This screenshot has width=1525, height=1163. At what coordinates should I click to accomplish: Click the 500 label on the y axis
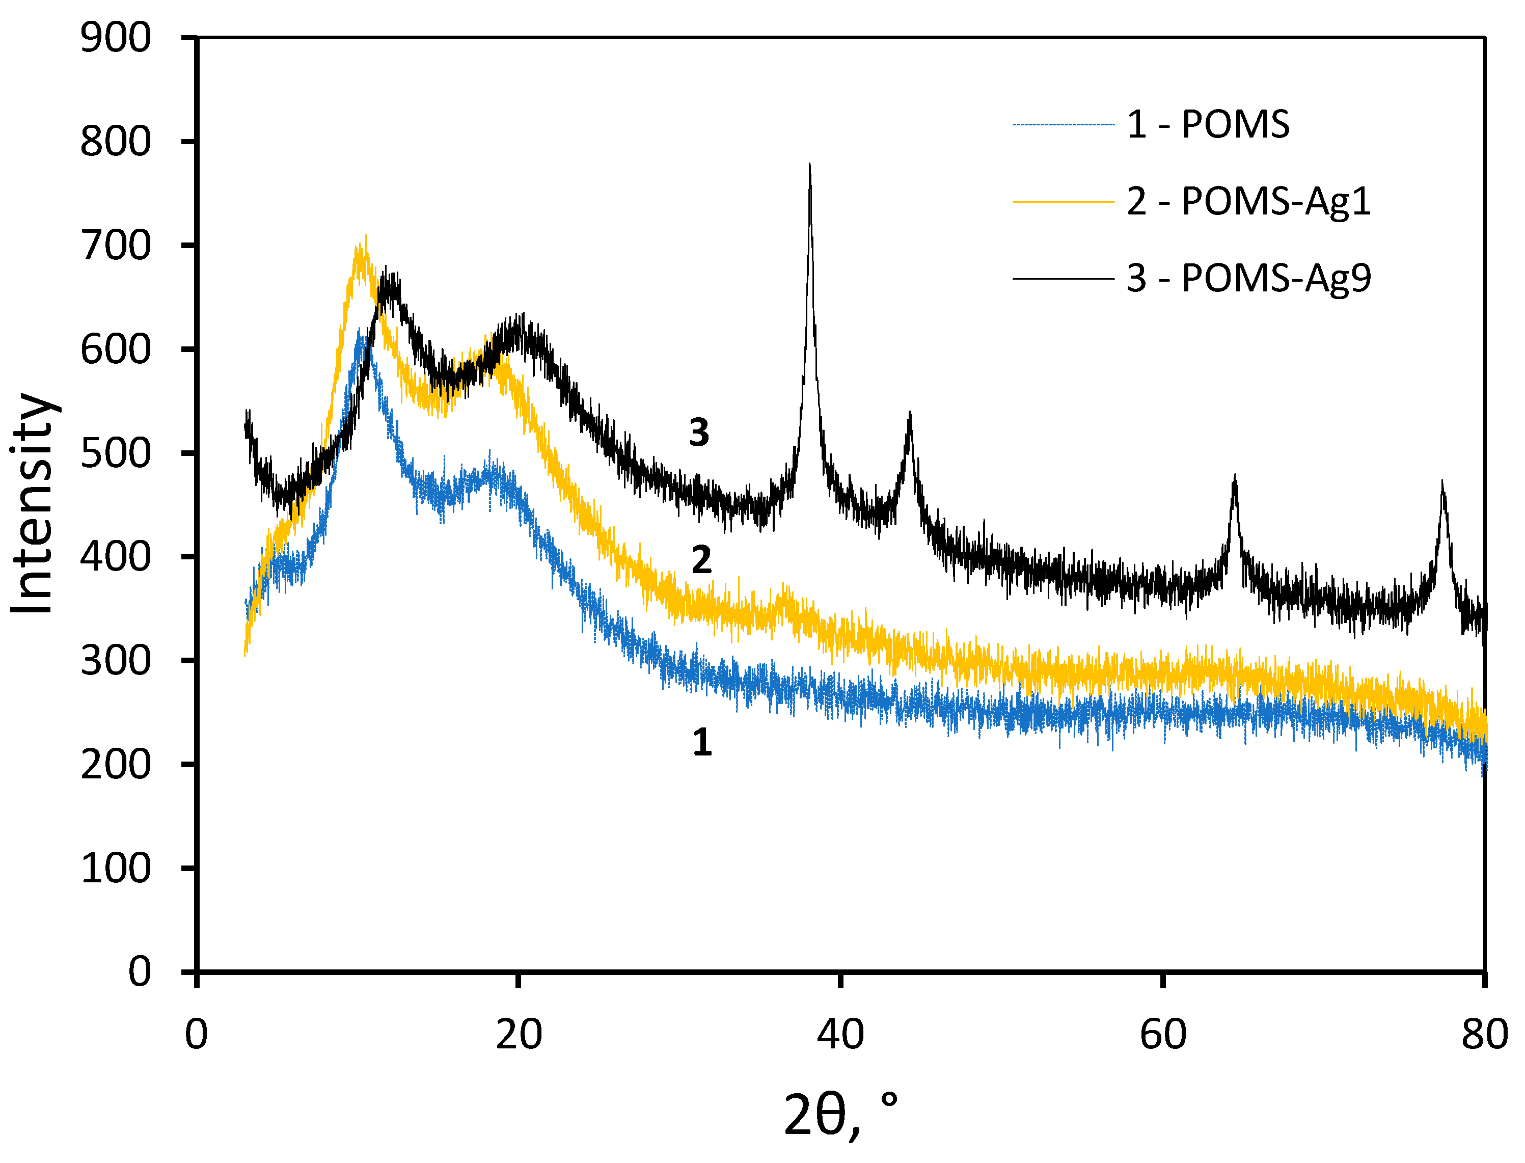115,453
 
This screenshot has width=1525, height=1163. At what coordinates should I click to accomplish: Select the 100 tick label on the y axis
115,868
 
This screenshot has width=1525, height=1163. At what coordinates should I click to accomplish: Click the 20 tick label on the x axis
519,1035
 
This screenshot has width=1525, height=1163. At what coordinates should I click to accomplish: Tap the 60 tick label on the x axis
1163,1035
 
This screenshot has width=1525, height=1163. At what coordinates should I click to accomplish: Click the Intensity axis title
33,504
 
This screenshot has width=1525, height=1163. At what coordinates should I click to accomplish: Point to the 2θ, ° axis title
840,1115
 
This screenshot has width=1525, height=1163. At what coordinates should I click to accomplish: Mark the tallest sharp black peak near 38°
809,166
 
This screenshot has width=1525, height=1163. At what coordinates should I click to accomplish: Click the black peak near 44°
910,414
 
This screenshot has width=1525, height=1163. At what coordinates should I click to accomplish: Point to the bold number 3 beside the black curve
699,432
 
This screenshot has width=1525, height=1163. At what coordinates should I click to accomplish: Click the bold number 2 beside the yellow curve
701,560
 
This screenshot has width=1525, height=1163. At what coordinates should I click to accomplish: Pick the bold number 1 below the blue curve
702,742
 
